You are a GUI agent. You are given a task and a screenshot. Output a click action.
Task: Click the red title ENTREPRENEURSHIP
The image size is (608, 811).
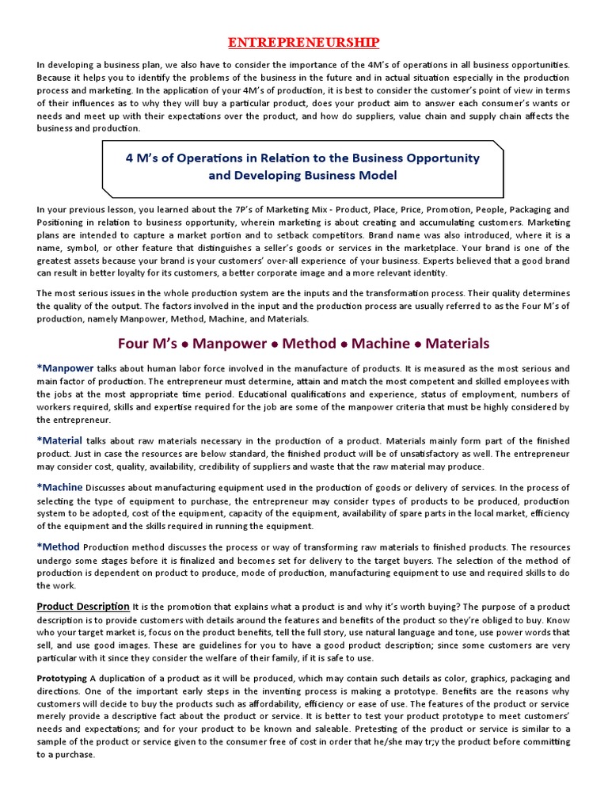[x=304, y=41]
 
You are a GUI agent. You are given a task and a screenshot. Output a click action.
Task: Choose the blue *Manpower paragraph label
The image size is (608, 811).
[x=65, y=368]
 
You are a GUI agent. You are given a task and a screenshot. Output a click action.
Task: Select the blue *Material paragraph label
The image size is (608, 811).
[x=59, y=440]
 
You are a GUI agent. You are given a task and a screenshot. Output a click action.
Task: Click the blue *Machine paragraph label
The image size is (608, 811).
[x=59, y=487]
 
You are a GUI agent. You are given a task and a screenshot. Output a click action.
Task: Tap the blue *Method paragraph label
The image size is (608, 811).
[x=59, y=546]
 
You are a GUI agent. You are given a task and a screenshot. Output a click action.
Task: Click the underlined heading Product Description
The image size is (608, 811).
[x=83, y=607]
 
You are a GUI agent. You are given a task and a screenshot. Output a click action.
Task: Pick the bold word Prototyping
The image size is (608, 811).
[x=63, y=679]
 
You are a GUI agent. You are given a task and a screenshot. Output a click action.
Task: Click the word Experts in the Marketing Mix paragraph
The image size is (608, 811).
[x=454, y=261]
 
